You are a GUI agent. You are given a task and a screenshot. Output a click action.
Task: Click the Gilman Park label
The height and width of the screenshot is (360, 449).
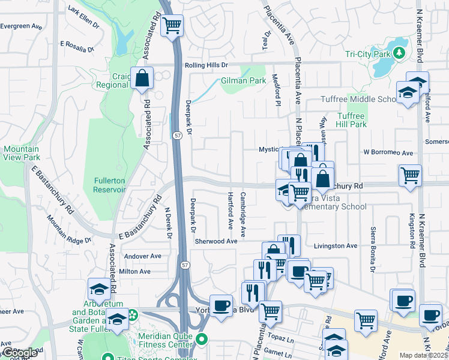point(243,80)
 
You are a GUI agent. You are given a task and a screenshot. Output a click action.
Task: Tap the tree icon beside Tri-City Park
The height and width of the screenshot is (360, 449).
point(398,54)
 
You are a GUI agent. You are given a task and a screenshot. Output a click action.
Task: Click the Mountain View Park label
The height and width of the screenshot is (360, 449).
point(21,153)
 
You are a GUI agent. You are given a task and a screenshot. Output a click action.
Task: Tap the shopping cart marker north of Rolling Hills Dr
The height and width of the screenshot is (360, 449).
point(172,26)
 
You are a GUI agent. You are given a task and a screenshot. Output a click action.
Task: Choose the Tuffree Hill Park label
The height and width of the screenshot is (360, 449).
point(351,120)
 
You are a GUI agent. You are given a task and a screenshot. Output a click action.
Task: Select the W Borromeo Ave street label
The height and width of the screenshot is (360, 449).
point(388,152)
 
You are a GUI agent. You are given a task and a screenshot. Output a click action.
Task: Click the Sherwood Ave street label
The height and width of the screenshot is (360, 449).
point(216,241)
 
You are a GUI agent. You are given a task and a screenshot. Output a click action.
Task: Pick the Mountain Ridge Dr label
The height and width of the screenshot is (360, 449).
point(71,232)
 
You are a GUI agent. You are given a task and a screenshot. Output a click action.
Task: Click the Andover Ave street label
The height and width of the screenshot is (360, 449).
point(142,256)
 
